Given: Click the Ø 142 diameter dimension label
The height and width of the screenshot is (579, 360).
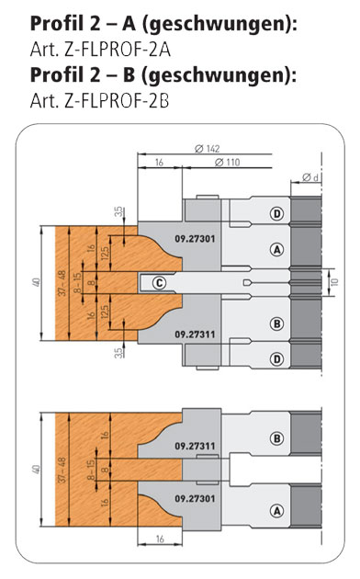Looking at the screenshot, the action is [x=207, y=149].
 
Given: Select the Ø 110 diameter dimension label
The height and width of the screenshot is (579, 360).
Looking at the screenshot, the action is [x=227, y=162].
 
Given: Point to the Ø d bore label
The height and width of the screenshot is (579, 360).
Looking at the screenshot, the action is [x=310, y=177].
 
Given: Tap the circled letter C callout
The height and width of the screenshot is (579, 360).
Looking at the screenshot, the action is [x=160, y=283].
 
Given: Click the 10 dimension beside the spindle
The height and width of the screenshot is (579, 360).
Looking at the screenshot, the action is [x=335, y=282].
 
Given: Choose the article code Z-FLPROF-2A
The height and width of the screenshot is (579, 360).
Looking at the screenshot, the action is [x=118, y=51].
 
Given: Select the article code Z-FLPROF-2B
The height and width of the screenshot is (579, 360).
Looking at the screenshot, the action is [x=117, y=100].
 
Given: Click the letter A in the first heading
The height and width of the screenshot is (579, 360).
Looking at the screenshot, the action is [x=129, y=24].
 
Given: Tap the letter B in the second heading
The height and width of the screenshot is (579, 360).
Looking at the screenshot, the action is [x=128, y=74].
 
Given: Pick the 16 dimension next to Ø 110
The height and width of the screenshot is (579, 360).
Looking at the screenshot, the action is [x=159, y=162].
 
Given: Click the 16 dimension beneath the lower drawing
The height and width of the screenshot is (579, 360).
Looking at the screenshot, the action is [x=160, y=539].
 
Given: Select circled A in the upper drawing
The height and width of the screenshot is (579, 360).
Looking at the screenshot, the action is [x=276, y=250].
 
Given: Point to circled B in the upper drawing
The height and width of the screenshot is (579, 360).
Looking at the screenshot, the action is [x=276, y=324].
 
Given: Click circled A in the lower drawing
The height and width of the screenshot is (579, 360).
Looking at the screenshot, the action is [x=276, y=511].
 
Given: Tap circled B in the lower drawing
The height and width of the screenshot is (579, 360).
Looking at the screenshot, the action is [x=276, y=438].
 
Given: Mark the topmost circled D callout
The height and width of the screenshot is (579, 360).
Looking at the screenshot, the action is [x=276, y=213].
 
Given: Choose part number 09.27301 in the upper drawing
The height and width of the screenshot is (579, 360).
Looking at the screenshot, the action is [x=195, y=239].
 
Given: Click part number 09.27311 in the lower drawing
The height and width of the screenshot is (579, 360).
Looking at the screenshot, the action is [x=195, y=446].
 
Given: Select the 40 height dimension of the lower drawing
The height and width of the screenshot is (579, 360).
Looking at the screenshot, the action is [x=36, y=470].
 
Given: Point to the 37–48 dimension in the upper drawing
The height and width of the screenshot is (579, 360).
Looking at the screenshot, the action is [x=62, y=283].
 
